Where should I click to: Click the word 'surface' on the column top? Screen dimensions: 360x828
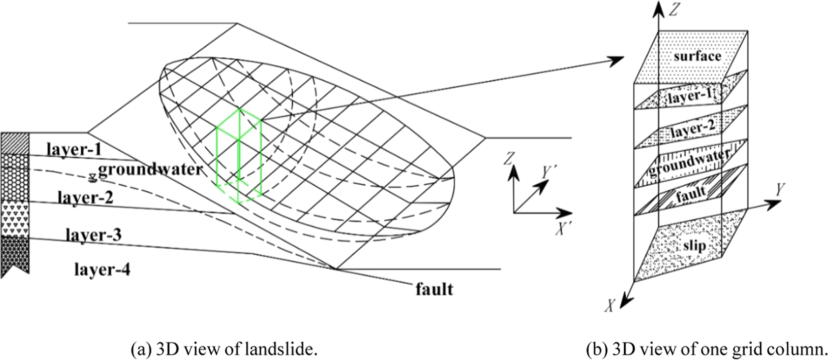coord(697,56)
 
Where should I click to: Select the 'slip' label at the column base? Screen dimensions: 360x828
coord(694,246)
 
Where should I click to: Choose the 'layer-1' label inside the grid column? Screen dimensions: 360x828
coord(691,97)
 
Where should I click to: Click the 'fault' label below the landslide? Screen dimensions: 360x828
coord(434,289)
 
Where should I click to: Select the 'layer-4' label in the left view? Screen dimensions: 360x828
coord(102,270)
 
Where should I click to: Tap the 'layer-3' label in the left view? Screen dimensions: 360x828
coord(93,235)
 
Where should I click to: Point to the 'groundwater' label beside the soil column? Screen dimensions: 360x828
coord(150,169)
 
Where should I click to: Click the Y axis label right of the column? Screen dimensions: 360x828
coord(780,189)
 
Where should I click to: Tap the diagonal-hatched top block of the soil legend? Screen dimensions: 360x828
coord(15,143)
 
